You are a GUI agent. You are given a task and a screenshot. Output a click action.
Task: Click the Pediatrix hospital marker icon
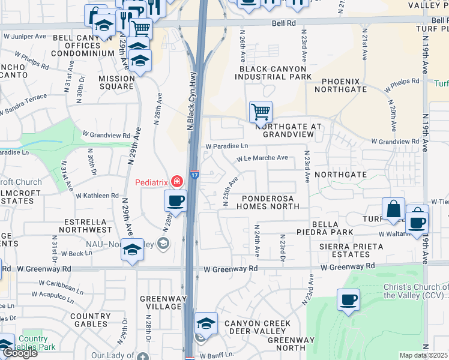point(176,181)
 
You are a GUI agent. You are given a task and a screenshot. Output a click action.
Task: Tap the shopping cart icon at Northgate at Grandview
point(261,111)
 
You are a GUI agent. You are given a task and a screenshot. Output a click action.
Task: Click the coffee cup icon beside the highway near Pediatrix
point(175,200)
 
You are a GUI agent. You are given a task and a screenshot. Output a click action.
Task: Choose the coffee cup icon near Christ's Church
point(348,299)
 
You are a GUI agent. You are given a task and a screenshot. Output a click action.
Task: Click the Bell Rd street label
point(284,23)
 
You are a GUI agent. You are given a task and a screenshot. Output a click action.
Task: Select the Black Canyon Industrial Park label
point(276,73)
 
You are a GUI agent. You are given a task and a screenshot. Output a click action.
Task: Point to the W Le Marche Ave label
point(262,158)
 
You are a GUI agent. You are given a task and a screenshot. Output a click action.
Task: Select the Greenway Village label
point(160,302)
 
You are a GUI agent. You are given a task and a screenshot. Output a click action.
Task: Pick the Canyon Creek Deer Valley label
point(258,328)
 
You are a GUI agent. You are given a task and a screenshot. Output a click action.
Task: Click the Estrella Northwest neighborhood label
point(85,225)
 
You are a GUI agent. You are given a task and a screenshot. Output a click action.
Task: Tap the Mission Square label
point(116,82)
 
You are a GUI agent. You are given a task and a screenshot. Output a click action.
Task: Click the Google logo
point(20,353)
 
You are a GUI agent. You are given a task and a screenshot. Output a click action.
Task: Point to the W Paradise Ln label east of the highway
point(226,146)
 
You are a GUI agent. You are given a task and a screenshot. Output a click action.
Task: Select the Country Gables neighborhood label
point(91,320)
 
